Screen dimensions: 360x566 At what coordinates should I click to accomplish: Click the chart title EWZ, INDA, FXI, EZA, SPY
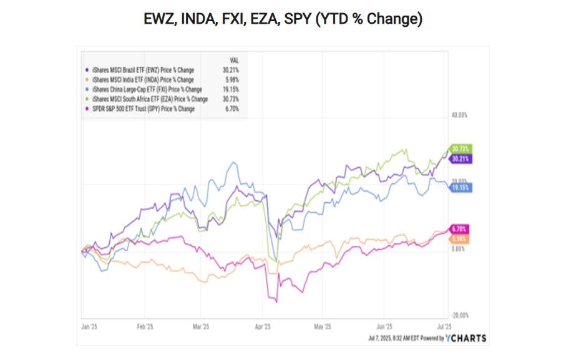(283, 19)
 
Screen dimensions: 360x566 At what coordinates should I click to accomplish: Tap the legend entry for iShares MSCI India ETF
(143, 80)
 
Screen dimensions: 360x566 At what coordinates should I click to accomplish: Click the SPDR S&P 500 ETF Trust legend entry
(143, 109)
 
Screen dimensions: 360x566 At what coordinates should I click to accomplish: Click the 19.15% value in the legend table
(230, 89)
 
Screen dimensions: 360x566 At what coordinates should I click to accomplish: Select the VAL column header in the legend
(234, 61)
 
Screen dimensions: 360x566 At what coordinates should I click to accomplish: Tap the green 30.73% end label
(460, 148)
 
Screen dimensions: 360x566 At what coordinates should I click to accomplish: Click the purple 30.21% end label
(460, 159)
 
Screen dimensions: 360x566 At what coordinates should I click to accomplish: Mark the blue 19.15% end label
(460, 187)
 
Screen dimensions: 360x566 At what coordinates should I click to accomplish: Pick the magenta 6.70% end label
(459, 229)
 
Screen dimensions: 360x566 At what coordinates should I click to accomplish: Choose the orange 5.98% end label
(459, 239)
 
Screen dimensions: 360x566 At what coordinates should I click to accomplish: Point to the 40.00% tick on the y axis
(459, 115)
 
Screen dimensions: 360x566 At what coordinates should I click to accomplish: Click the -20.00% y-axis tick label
(459, 316)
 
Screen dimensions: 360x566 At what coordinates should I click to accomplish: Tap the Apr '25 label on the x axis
(263, 326)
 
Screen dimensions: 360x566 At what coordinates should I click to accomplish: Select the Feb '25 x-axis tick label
(145, 326)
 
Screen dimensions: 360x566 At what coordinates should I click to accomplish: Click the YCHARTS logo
(466, 338)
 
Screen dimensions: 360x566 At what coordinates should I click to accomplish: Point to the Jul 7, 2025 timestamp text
(387, 338)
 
